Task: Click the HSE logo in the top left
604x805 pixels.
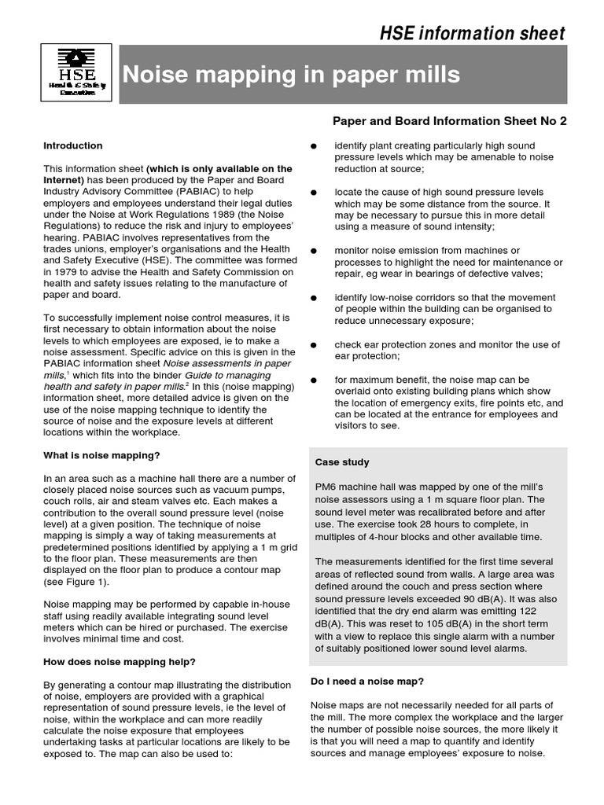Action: (76, 72)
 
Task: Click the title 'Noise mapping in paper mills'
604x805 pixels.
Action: (290, 75)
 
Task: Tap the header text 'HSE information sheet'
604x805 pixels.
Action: (473, 33)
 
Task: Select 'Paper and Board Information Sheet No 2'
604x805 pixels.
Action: (449, 121)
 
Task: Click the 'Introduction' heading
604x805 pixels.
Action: (73, 145)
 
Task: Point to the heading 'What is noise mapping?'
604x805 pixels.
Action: (101, 455)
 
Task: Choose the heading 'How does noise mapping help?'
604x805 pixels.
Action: (120, 662)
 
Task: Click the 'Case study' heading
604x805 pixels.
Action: (342, 462)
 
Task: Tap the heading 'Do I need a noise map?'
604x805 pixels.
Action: (367, 682)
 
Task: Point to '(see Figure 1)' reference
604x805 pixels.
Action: (77, 583)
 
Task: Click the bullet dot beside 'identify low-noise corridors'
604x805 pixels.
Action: (314, 299)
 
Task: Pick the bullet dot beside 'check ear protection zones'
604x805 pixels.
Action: (314, 345)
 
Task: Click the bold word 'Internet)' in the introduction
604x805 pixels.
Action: (64, 180)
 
